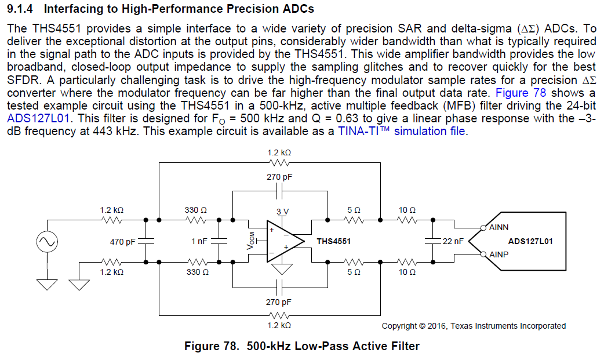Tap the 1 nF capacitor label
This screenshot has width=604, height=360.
pos(199,241)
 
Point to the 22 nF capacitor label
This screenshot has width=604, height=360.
pos(453,241)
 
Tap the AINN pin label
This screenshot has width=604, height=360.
pos(499,228)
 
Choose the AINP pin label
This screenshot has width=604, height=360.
pos(499,254)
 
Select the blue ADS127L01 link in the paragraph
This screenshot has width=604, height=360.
pos(36,118)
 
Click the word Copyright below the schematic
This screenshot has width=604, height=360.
pos(399,326)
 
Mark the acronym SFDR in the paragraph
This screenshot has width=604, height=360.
pos(21,79)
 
